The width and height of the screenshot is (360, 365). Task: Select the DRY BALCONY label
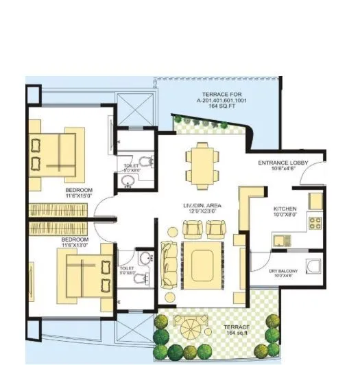pos(284,272)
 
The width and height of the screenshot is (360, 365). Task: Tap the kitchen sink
pos(280,239)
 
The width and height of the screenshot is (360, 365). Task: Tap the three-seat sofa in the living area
pos(169,263)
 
